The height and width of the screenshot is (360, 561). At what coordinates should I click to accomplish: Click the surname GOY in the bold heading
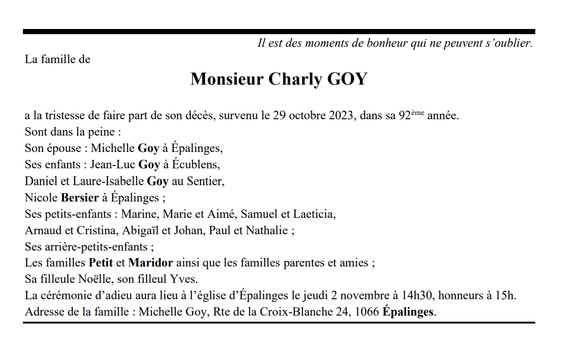tap(347, 79)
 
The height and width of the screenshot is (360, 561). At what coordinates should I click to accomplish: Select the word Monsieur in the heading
tap(227, 79)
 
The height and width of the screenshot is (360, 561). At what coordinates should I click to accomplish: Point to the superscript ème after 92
tap(417, 113)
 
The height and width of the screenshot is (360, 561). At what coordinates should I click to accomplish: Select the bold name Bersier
tap(79, 197)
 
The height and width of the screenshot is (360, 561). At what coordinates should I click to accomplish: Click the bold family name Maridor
tap(151, 263)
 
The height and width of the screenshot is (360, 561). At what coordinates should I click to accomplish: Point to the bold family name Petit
tap(101, 263)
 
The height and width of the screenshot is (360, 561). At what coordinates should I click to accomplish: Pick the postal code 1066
tap(367, 312)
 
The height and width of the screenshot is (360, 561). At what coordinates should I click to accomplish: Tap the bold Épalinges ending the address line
tap(408, 312)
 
